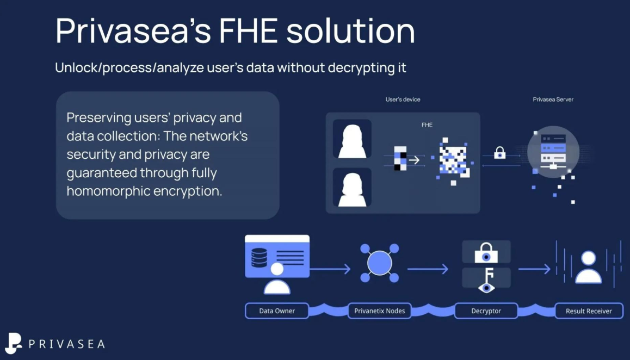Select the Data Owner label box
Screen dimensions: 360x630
coord(277,311)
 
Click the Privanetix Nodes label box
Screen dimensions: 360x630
coord(379,311)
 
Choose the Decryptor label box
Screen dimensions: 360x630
coord(486,311)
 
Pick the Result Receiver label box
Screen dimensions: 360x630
coord(589,311)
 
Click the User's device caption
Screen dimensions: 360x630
coord(403,100)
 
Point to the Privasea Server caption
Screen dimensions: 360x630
coord(553,100)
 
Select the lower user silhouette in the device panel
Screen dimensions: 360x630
coord(352,187)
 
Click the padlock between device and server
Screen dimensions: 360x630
coord(500,154)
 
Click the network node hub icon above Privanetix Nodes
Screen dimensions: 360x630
coord(379,263)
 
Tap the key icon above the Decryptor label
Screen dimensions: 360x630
coord(486,278)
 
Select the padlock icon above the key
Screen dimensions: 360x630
coord(486,252)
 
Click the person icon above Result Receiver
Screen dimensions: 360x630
coord(589,266)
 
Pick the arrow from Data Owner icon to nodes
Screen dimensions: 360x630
coord(330,269)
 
